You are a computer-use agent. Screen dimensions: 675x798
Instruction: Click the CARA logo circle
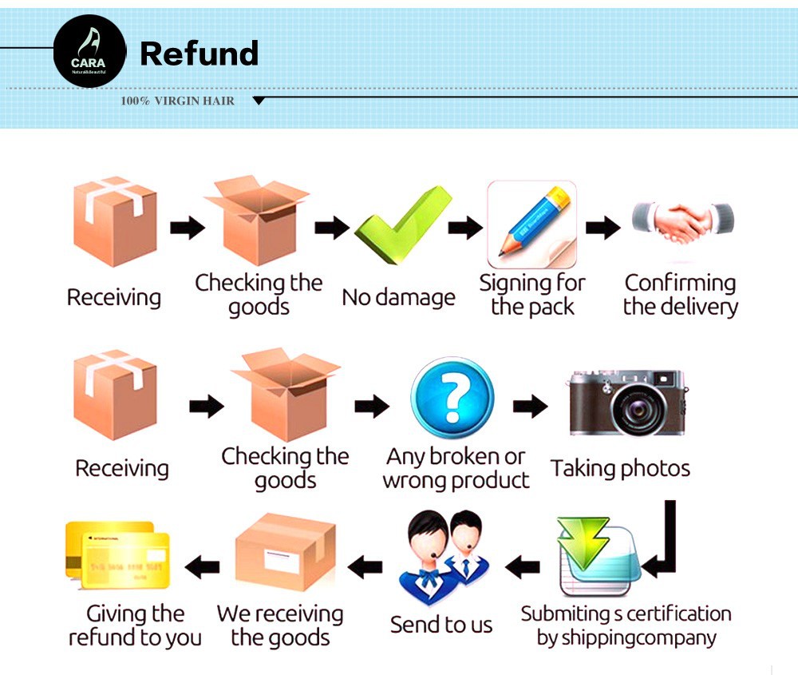point(89,51)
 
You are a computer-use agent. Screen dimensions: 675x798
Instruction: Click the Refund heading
point(199,54)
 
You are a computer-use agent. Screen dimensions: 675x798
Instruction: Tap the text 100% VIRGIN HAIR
point(177,101)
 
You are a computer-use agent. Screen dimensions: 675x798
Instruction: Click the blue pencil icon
point(532,224)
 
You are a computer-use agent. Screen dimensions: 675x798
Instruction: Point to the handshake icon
point(683,221)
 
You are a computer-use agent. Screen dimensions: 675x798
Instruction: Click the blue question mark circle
point(452,397)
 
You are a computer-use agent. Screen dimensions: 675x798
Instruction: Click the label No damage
point(398,298)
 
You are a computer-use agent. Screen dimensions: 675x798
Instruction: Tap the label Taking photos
point(620,468)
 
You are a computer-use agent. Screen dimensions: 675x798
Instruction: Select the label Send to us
point(441,625)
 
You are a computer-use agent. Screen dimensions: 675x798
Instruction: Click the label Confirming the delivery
point(680,295)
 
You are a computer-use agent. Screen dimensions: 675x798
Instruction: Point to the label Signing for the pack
point(531,295)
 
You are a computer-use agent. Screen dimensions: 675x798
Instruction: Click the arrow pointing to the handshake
point(603,228)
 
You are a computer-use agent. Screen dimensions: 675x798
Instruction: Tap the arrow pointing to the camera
point(530,407)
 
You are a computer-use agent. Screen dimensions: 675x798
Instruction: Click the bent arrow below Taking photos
point(664,543)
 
